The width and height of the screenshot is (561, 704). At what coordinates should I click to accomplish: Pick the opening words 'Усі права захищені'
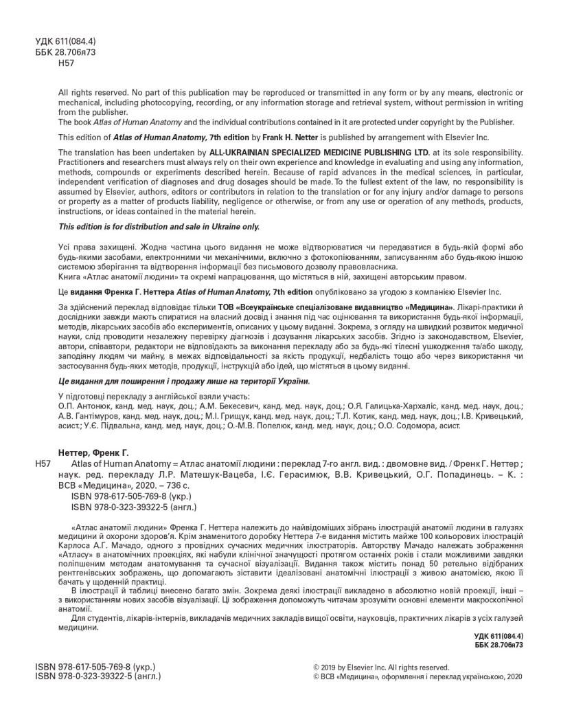click(93, 247)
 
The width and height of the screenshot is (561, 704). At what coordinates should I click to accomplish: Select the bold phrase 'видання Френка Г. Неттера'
click(128, 291)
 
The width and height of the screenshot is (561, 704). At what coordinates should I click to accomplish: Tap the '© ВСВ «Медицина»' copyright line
click(417, 677)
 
